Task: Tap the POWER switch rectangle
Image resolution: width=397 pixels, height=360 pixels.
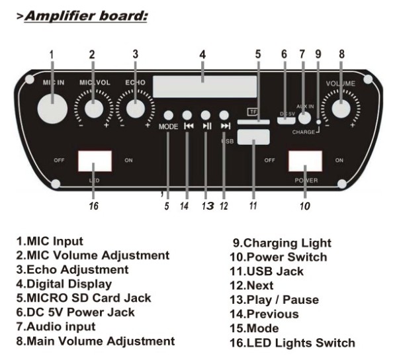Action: coord(304,161)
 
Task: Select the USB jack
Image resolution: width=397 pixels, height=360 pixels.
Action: coord(252,137)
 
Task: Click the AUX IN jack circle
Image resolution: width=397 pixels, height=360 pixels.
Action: coord(304,118)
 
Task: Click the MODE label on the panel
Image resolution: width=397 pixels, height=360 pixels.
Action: coord(167,126)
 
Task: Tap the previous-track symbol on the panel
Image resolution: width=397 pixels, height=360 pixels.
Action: coord(188,126)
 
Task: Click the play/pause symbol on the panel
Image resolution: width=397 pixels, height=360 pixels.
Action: coord(207,126)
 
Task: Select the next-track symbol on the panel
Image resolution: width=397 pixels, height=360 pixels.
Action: coord(226,126)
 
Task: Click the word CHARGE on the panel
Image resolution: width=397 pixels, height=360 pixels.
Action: coord(304,132)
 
